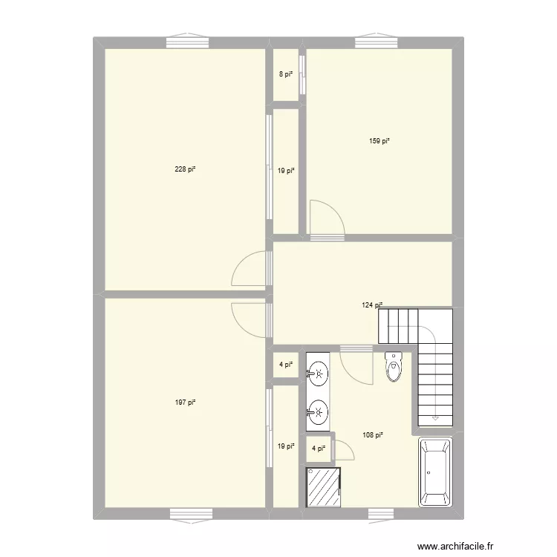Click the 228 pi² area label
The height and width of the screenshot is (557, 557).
[x=185, y=169]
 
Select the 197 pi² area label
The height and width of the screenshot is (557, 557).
[x=185, y=403]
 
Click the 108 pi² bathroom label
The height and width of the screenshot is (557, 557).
[x=373, y=435]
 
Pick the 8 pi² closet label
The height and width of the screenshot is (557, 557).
[x=286, y=74]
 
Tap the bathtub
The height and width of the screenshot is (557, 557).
[x=434, y=472]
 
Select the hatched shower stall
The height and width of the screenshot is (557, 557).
[x=322, y=487]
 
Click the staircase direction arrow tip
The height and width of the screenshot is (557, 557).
[x=434, y=420]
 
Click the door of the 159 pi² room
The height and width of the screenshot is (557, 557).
[x=325, y=218]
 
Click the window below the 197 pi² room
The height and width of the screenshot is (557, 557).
[x=190, y=513]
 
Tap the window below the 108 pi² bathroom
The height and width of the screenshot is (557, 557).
[x=380, y=513]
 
